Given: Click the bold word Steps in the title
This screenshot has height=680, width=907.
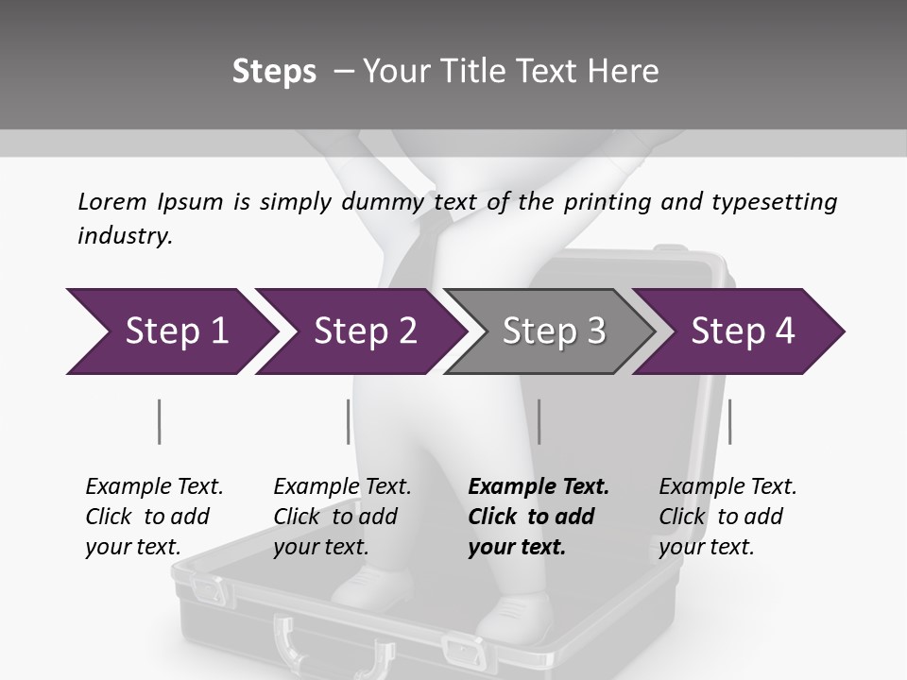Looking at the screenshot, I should click(x=274, y=72).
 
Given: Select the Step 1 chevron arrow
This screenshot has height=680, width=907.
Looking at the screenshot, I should click(x=170, y=331).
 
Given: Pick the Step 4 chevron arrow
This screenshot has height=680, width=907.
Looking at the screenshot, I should click(x=741, y=331).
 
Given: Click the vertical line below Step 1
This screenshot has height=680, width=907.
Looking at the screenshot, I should click(x=159, y=421).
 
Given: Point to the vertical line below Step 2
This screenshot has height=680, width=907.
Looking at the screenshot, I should click(x=349, y=421).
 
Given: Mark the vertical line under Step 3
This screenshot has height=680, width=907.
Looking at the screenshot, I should click(x=539, y=421).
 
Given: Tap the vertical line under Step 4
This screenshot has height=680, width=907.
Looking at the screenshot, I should click(x=729, y=421).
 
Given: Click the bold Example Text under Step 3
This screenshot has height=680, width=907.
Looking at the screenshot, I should click(x=539, y=517).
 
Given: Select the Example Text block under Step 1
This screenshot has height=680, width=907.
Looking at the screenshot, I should click(x=154, y=517).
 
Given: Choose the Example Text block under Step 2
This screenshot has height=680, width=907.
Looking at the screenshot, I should click(x=342, y=517).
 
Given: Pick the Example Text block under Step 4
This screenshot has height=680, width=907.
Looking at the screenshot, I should click(x=727, y=517).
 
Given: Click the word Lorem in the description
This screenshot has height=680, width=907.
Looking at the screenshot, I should click(x=111, y=201).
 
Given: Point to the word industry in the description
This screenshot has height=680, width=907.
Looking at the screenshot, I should click(x=125, y=236).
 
